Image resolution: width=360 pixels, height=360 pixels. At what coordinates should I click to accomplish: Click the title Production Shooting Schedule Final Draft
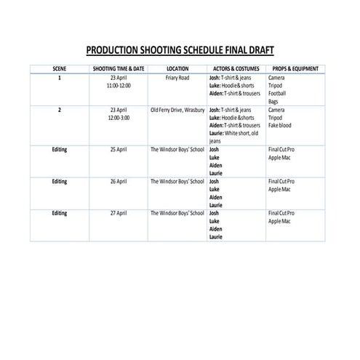pyautogui.click(x=180, y=50)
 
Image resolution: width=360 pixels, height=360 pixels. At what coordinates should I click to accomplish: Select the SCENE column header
pyautogui.click(x=60, y=68)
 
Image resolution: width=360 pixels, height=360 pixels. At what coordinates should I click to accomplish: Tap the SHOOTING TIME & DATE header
pyautogui.click(x=118, y=68)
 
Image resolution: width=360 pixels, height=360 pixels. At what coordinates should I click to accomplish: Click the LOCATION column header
pyautogui.click(x=177, y=68)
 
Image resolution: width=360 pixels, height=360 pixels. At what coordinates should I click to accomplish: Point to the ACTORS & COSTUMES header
pyautogui.click(x=236, y=68)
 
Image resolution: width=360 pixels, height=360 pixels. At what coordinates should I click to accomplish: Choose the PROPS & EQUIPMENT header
pyautogui.click(x=295, y=68)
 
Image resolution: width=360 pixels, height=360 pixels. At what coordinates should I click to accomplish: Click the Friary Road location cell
pyautogui.click(x=177, y=77)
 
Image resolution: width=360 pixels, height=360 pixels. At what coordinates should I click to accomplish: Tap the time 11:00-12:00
pyautogui.click(x=118, y=85)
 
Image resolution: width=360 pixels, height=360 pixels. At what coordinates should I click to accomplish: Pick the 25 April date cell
pyautogui.click(x=118, y=149)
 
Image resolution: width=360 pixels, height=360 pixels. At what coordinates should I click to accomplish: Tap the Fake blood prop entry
pyautogui.click(x=281, y=125)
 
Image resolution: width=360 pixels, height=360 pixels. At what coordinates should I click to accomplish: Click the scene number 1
pyautogui.click(x=60, y=77)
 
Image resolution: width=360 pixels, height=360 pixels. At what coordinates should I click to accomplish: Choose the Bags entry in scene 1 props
pyautogui.click(x=273, y=101)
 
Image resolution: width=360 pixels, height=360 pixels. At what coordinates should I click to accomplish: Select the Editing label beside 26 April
pyautogui.click(x=60, y=180)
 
